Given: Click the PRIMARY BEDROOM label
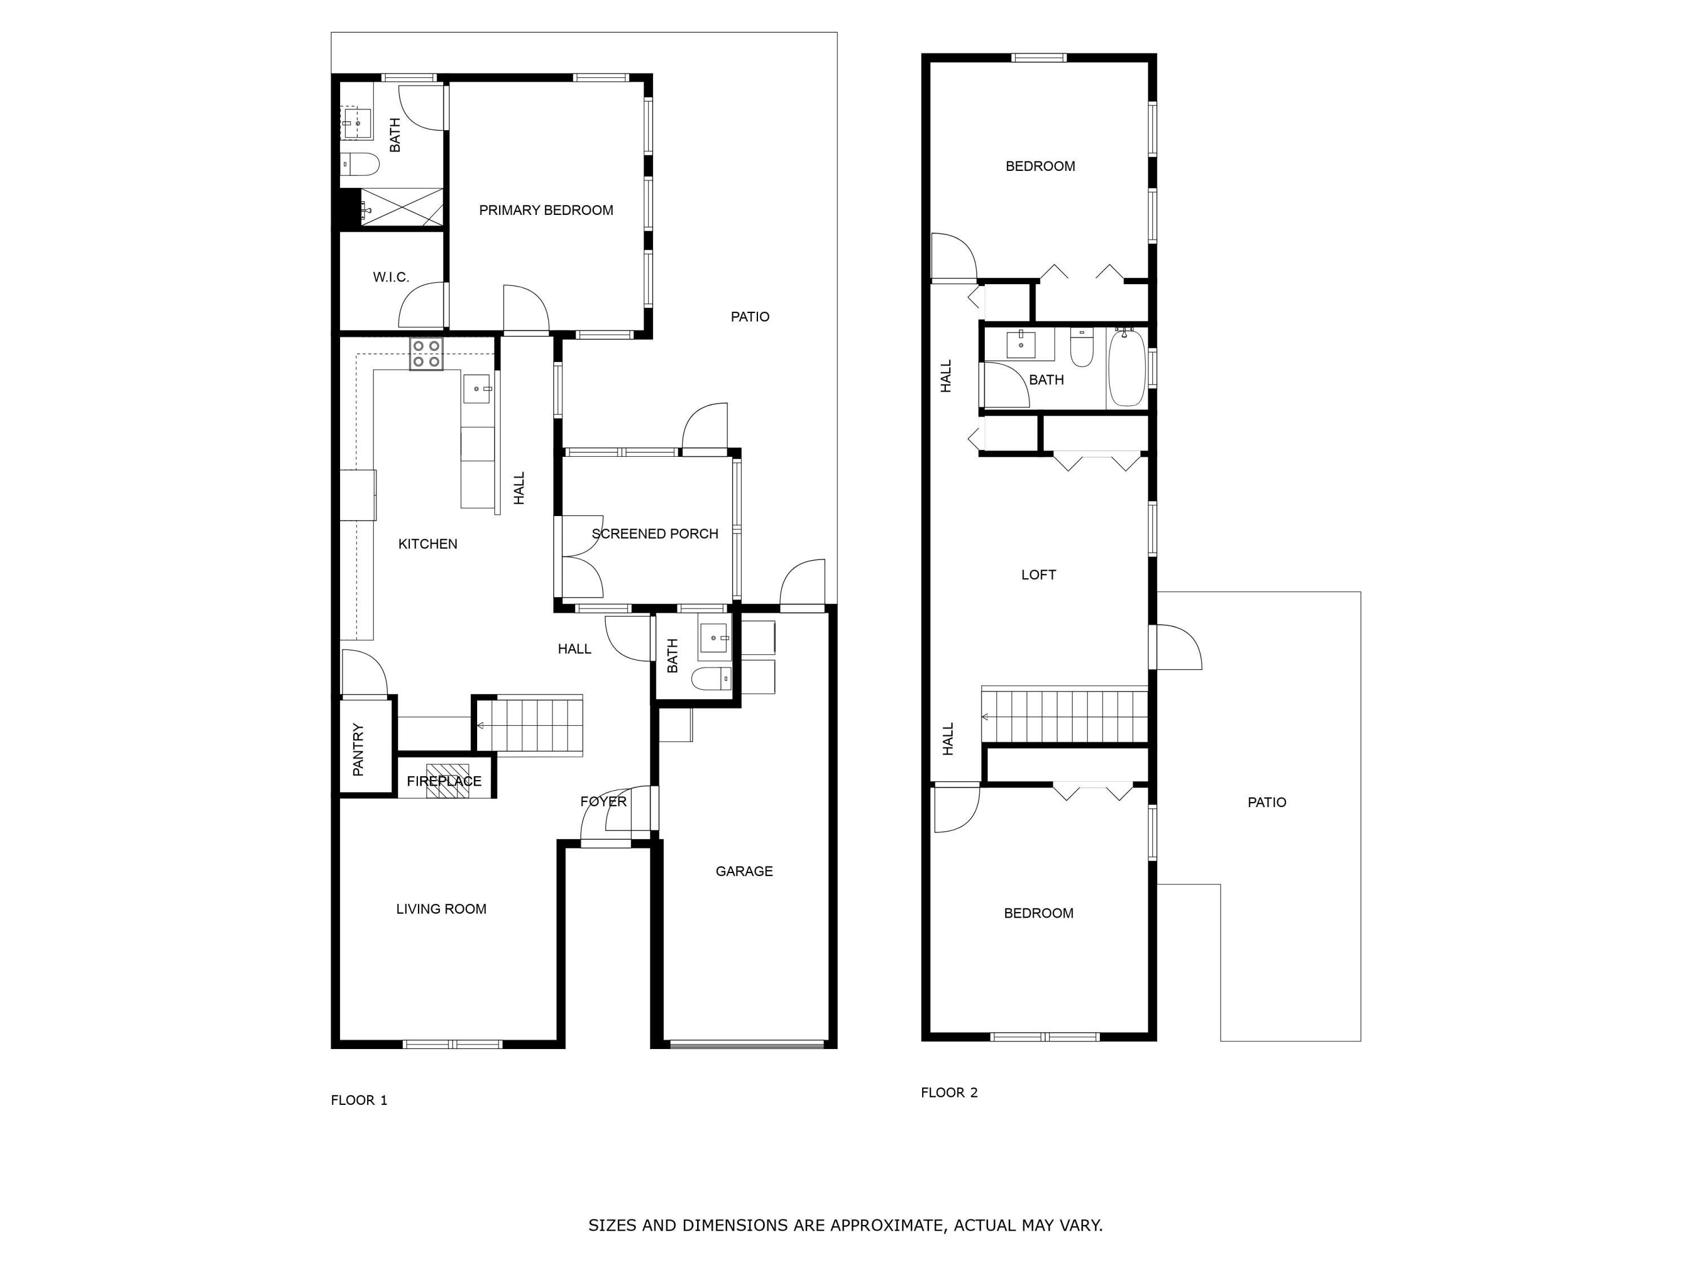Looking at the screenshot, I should pos(545,210).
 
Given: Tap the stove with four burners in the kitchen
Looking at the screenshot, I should pos(426,354).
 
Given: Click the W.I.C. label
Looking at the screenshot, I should pos(391,277).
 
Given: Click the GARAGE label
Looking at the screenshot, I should pos(743,871).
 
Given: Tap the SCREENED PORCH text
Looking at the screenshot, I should pos(655,534).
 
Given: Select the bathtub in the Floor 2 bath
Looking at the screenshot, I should pos(1127,368).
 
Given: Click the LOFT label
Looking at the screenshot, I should pos(1038,575).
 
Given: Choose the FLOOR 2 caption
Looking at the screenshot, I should pos(949,1092).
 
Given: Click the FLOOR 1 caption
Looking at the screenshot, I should pos(359,1100).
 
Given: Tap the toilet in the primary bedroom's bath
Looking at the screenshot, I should pos(360,164).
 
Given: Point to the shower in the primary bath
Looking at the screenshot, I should pos(402,208).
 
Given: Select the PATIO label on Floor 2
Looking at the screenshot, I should pos(1266,803).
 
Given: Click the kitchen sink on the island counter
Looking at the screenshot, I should pos(477,389).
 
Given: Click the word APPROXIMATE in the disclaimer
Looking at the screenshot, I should pos(887,1226).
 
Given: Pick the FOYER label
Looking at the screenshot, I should pos(603,801).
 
